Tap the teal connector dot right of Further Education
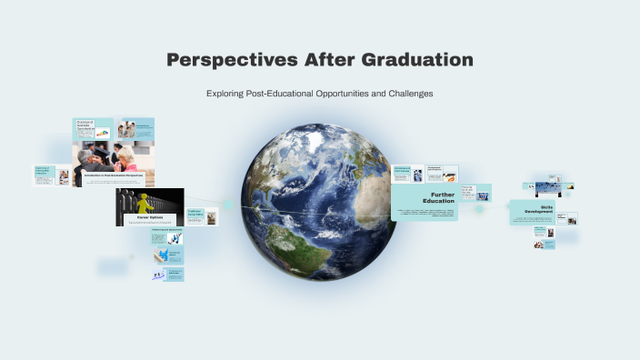pyautogui.click(x=479, y=208)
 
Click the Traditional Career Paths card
pyautogui.click(x=200, y=216)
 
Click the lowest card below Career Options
pyautogui.click(x=174, y=273)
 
